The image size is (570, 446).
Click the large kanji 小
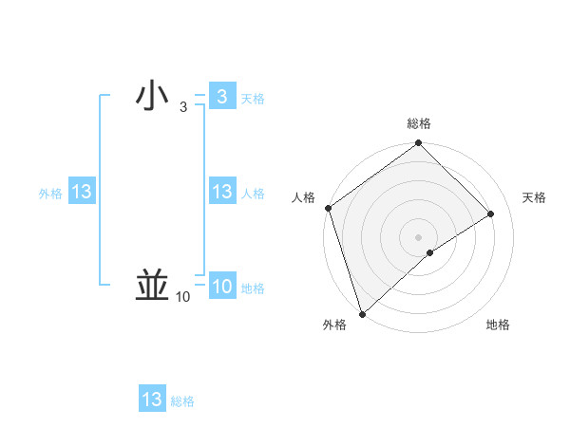(x=152, y=97)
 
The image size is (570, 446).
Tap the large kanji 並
(x=152, y=285)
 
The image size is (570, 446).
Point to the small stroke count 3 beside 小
(x=183, y=108)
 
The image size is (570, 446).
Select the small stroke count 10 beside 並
(x=182, y=297)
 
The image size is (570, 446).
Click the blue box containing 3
(x=221, y=97)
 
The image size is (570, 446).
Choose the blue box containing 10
(x=221, y=287)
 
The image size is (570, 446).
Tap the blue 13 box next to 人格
(x=221, y=192)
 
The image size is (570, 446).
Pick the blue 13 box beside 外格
(x=82, y=192)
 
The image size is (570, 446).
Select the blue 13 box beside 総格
(x=152, y=400)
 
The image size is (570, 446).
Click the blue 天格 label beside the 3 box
(x=253, y=99)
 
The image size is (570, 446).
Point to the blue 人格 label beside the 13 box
(x=253, y=194)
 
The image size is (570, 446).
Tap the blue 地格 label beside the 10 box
(x=253, y=288)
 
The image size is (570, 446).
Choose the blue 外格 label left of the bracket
(x=50, y=194)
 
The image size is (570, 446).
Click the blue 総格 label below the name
(x=182, y=401)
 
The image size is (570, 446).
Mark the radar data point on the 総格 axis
(x=418, y=144)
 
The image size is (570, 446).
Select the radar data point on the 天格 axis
(x=491, y=214)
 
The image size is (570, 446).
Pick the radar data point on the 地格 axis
(x=430, y=252)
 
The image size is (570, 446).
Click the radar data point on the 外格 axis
(x=362, y=312)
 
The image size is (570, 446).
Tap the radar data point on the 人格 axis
(x=328, y=208)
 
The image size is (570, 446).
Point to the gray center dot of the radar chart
(x=418, y=236)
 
